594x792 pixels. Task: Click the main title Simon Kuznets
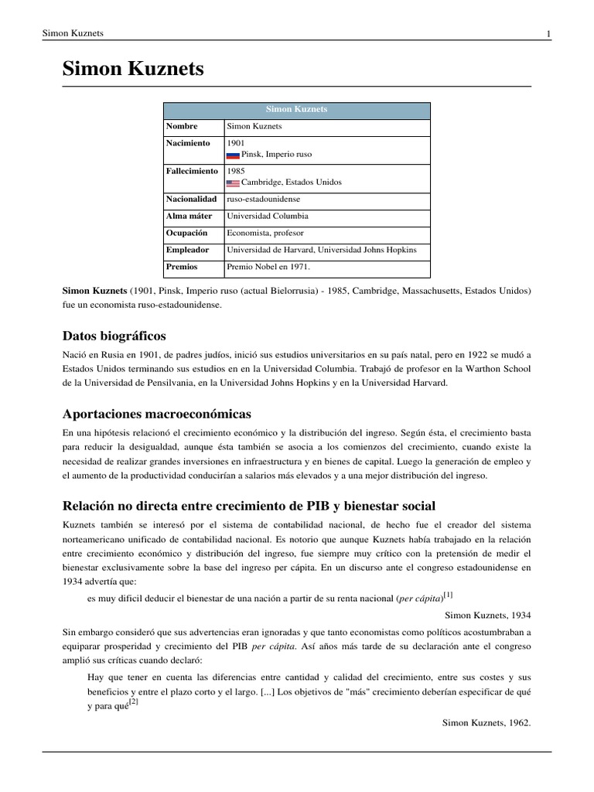click(133, 70)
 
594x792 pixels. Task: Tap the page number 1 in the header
click(548, 33)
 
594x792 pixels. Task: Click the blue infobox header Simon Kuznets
click(297, 109)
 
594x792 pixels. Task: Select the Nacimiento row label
click(188, 143)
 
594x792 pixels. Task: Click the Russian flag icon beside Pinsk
click(232, 155)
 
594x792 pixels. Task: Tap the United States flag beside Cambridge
click(232, 183)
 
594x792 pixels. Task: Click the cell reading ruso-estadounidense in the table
click(264, 199)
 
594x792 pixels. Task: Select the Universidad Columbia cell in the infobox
click(267, 216)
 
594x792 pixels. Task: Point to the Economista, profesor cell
click(265, 233)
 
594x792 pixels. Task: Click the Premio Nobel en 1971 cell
click(268, 267)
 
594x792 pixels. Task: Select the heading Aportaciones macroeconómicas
click(156, 414)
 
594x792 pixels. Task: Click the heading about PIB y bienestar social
click(248, 506)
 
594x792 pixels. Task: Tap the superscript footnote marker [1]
click(448, 594)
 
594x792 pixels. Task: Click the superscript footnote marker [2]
click(134, 701)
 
